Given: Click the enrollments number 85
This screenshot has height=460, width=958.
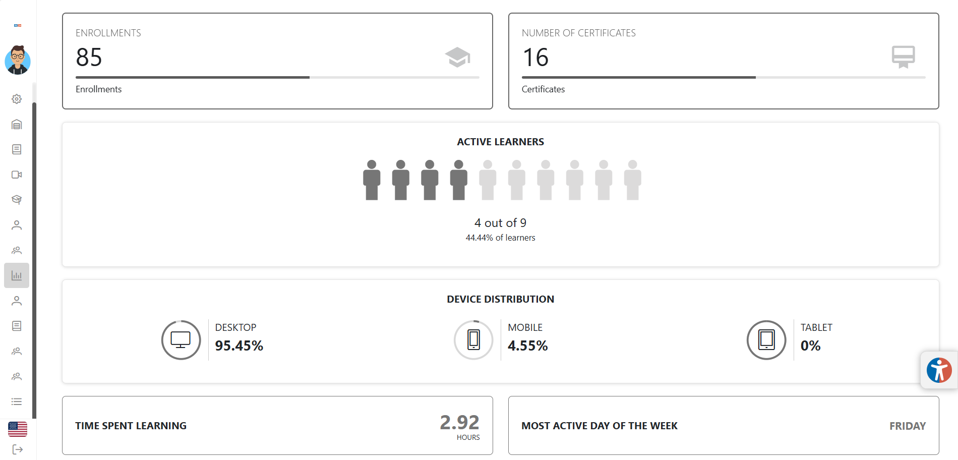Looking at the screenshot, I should (89, 57).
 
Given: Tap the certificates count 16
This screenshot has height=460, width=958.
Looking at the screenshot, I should (535, 57).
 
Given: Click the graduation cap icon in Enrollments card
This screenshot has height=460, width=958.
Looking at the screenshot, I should (457, 57).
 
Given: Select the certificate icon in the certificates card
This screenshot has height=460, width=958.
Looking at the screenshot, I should (903, 56).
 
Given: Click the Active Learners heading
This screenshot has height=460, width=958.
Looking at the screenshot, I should (500, 142).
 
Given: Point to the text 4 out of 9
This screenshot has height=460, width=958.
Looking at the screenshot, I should (500, 223).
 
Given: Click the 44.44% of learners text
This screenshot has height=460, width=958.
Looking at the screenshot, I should (500, 238).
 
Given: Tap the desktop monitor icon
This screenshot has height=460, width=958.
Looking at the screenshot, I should (181, 340).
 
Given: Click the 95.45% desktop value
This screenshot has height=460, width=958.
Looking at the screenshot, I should (239, 346).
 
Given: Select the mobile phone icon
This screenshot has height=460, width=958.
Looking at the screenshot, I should (473, 340).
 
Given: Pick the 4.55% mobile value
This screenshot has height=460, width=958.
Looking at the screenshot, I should (527, 346).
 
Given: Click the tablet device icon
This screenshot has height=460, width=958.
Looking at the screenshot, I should (766, 340).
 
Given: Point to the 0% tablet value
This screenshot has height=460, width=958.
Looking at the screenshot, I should (810, 346).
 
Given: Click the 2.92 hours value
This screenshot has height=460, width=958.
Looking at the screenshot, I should (459, 423).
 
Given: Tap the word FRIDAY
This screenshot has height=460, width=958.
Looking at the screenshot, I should (907, 426).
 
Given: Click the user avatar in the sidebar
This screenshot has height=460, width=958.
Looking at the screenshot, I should (18, 61).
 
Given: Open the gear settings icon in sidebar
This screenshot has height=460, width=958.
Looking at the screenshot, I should (17, 99).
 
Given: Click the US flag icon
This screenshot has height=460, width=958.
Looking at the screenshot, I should (18, 429).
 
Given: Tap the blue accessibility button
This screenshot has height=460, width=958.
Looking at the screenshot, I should (939, 370).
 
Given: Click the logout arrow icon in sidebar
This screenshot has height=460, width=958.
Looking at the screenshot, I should (17, 449).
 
